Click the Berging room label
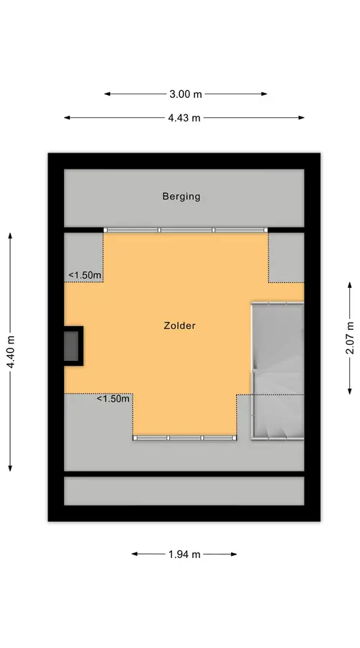pos(181,197)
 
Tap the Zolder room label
pos(179,325)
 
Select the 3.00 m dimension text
pos(186,94)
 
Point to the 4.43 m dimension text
pos(184,118)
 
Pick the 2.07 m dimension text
pos(350,338)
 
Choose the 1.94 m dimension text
pos(184,554)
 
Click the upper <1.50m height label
pos(86,275)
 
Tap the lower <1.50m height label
pos(113,399)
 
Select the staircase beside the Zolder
pos(278,371)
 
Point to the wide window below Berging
pos(186,230)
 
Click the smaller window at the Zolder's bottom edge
pos(185,438)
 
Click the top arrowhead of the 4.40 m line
pos(10,236)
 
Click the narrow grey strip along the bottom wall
pos(184,491)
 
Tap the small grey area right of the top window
pos(287,258)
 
